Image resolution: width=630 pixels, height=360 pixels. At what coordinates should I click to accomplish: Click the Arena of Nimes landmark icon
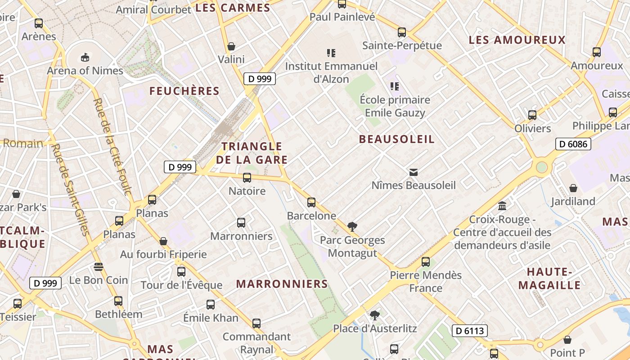(x=85, y=57)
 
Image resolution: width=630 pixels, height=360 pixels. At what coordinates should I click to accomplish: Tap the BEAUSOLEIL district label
(x=397, y=139)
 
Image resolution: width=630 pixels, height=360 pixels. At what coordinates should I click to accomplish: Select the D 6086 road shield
(x=573, y=144)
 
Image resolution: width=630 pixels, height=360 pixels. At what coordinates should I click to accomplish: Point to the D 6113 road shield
(x=469, y=331)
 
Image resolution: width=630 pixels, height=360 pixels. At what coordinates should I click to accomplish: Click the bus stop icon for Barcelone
(x=311, y=202)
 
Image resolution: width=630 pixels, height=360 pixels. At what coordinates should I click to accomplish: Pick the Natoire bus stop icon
(x=247, y=178)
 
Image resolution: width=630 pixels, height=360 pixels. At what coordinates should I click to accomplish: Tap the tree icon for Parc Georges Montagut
(x=352, y=227)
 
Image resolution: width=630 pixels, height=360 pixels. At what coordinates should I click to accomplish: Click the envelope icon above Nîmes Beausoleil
(x=414, y=172)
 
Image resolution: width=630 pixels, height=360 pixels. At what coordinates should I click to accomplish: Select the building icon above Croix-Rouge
(x=502, y=206)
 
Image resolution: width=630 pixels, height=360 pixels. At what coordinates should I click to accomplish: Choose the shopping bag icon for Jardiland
(x=573, y=188)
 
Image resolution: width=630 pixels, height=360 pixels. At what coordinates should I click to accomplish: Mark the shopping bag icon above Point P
(x=567, y=339)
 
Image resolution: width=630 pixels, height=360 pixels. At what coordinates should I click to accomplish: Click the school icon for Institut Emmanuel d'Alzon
(x=331, y=53)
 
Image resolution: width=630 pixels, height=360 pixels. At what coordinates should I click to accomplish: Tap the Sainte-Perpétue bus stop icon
(x=402, y=32)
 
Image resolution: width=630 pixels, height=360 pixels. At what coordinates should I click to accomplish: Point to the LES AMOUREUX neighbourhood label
(x=517, y=40)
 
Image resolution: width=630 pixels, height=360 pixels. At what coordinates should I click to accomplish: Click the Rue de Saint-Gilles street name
(x=69, y=189)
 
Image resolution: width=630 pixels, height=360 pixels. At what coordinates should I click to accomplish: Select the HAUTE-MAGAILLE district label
(x=549, y=279)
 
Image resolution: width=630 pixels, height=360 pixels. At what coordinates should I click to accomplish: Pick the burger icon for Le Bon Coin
(x=99, y=267)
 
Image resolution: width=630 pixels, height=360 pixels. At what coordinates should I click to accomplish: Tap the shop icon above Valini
(x=231, y=46)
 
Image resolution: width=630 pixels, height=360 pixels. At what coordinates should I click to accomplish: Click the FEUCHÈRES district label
(x=184, y=91)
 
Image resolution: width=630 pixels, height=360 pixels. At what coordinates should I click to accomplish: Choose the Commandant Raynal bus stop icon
(x=256, y=323)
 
